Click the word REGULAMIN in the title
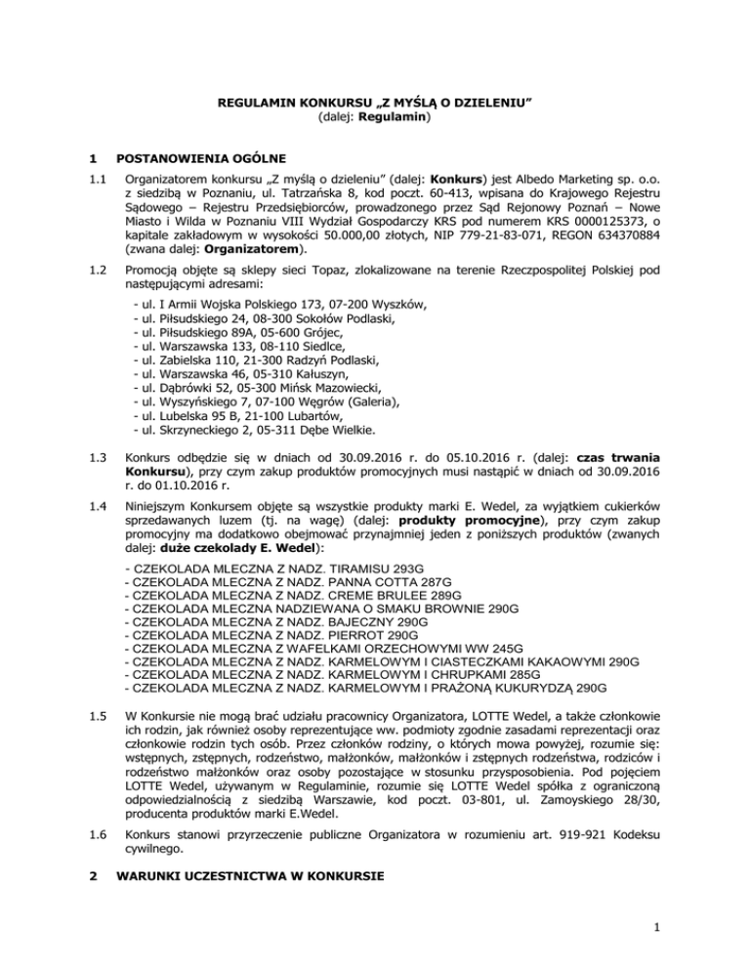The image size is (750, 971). pyautogui.click(x=255, y=102)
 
